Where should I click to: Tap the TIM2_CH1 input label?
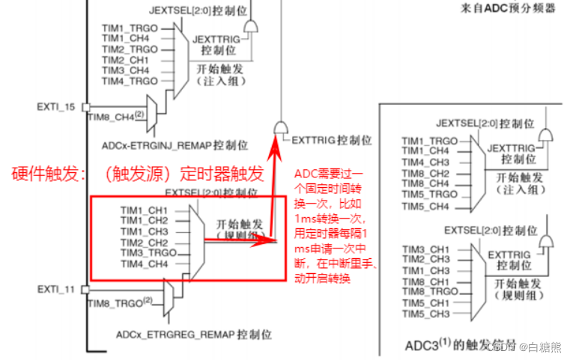coord(125,60)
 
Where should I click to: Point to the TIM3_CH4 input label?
coord(125,70)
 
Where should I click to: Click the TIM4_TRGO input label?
coord(129,81)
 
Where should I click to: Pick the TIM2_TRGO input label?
coord(129,49)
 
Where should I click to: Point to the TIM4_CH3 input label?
coord(425,162)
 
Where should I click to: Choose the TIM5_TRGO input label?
coord(428,194)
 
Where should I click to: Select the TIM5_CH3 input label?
coord(425,314)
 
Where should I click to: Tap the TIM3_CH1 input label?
coord(425,249)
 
